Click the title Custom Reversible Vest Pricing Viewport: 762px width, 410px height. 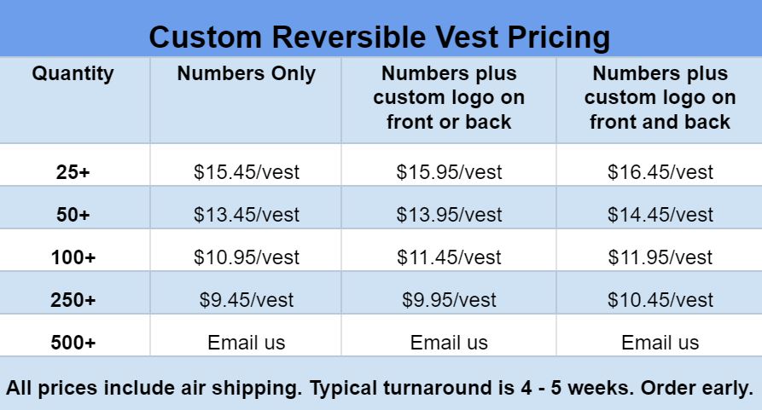[x=379, y=38]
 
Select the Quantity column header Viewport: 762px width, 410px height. [x=73, y=74]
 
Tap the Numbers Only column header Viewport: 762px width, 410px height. [x=247, y=74]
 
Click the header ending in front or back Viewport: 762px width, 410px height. [x=449, y=97]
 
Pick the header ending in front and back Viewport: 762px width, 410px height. [x=660, y=97]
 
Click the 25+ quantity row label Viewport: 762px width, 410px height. [x=73, y=172]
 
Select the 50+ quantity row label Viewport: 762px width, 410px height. [x=73, y=215]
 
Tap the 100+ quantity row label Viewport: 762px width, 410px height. [x=73, y=257]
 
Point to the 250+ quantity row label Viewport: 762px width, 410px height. [x=73, y=300]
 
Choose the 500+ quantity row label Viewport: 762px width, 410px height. [x=73, y=343]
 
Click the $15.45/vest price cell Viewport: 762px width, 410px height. [x=247, y=172]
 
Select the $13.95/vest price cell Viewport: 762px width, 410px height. [x=449, y=215]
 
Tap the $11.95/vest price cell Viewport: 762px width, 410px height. [x=660, y=257]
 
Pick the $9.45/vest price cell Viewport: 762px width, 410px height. [x=247, y=300]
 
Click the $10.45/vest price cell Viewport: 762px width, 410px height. [x=660, y=300]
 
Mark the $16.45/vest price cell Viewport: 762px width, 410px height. [x=660, y=172]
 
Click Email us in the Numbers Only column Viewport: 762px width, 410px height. [x=247, y=343]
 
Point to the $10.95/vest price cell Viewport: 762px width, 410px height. [x=247, y=257]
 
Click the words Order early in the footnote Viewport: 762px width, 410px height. [x=697, y=388]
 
